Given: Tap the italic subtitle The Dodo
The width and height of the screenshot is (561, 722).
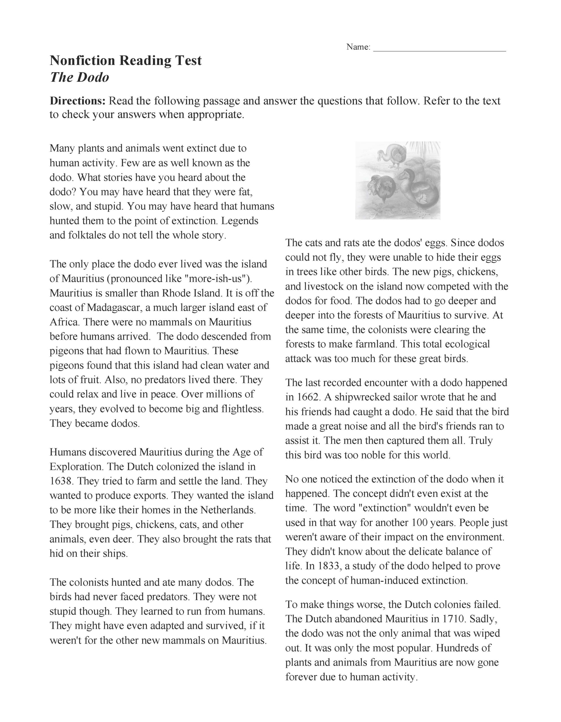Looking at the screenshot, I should coord(79,77).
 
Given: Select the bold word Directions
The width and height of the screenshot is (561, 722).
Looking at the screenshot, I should coord(77,101).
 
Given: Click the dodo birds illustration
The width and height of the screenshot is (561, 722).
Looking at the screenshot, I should coord(398,180).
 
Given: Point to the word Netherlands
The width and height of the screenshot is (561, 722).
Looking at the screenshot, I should coord(228,510).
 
